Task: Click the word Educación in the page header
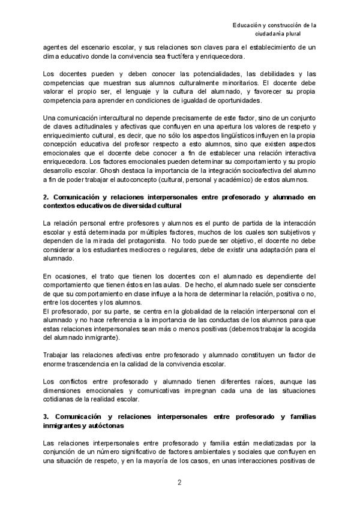point(248,25)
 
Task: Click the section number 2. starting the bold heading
point(47,197)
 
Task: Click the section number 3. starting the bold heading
point(47,417)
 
